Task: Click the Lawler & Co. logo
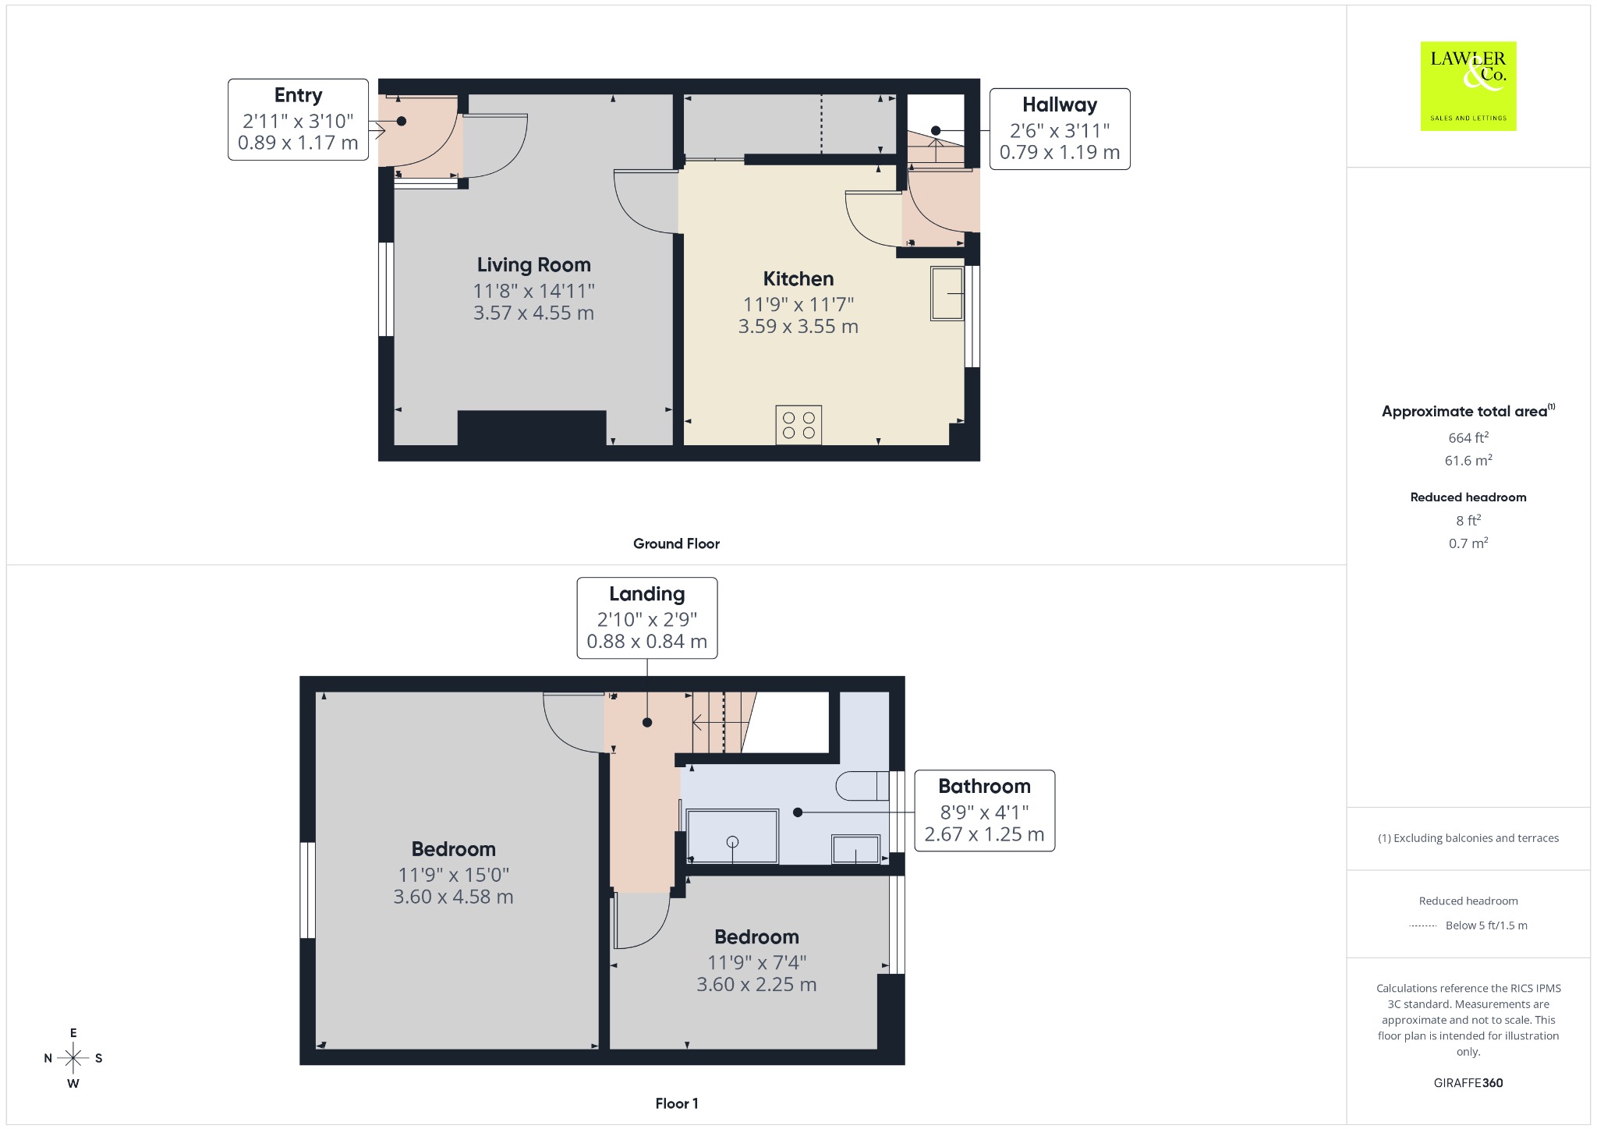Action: (1468, 86)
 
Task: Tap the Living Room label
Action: (533, 265)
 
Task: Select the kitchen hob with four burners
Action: (798, 425)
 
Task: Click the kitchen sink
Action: (947, 293)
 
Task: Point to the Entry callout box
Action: (298, 119)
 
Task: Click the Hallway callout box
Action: (1060, 129)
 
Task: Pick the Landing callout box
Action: (646, 618)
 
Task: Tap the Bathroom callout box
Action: (984, 810)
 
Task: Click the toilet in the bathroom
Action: (862, 786)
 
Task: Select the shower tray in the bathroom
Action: (732, 836)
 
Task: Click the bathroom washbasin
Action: (856, 848)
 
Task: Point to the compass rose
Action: (73, 1058)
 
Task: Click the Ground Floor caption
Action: (676, 543)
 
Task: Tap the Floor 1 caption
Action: (676, 1103)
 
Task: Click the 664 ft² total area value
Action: (1468, 437)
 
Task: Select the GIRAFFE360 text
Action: (1468, 1082)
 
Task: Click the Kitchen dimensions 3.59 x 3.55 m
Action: (798, 326)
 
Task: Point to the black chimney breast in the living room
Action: (532, 428)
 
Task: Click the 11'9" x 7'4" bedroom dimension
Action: (756, 962)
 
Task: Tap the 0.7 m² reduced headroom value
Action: (1468, 543)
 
